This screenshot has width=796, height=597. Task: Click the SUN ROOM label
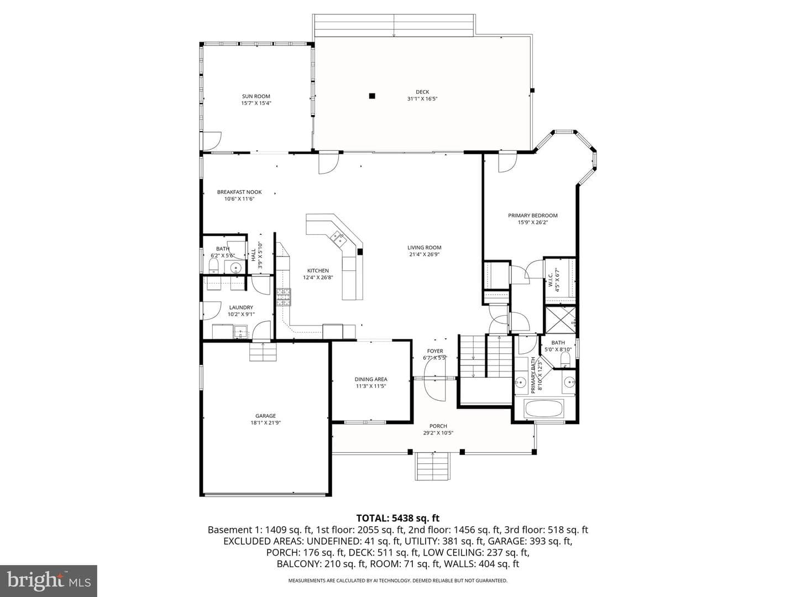(x=256, y=96)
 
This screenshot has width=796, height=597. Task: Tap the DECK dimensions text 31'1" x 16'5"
(x=422, y=98)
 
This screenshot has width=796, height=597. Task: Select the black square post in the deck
(x=371, y=96)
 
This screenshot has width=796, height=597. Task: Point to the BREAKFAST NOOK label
(x=239, y=192)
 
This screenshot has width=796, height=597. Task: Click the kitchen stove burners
(x=283, y=297)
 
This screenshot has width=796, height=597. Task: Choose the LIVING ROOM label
(x=425, y=248)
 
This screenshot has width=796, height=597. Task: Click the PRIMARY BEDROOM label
(x=533, y=216)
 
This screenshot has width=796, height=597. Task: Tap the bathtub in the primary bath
(x=544, y=408)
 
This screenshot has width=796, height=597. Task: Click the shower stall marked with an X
(x=561, y=320)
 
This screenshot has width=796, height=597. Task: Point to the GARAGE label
(x=265, y=416)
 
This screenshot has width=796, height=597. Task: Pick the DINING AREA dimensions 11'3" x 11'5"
(x=370, y=386)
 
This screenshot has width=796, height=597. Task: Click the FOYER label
(x=435, y=351)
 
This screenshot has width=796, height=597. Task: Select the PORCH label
(x=438, y=426)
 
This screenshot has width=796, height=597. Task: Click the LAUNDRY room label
(x=241, y=307)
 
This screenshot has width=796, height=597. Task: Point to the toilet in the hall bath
(x=213, y=266)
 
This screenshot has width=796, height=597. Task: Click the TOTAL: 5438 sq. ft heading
(x=398, y=518)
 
